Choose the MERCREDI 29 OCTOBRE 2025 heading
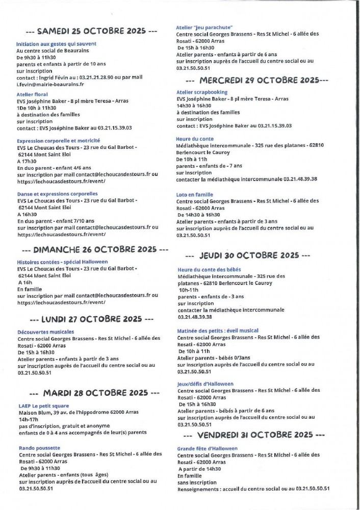[x=257, y=80]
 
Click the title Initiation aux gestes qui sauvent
[x=56, y=44]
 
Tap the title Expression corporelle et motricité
[x=58, y=140]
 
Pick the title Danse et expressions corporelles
[x=57, y=194]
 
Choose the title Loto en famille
[x=195, y=194]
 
